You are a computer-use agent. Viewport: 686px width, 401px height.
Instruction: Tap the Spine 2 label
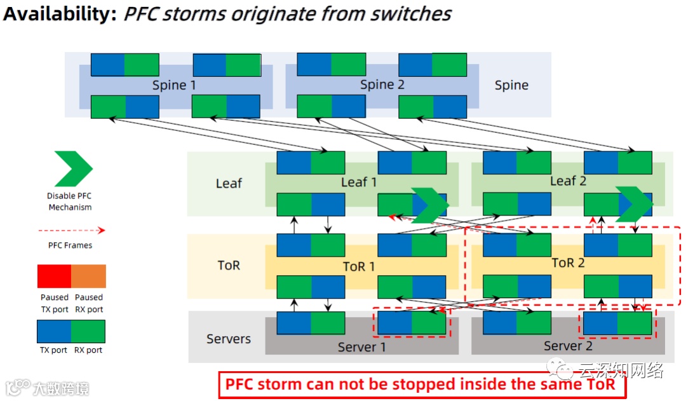click(382, 85)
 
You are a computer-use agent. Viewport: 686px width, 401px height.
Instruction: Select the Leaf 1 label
click(359, 182)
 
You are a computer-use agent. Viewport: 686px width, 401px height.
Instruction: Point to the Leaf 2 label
click(568, 181)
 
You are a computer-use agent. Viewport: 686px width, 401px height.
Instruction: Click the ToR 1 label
click(359, 266)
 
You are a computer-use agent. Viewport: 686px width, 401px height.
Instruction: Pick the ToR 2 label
click(568, 263)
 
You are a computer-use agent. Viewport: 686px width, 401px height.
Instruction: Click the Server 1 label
click(361, 347)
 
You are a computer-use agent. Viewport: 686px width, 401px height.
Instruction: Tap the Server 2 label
click(568, 346)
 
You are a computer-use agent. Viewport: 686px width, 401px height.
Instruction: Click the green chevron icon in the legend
click(73, 168)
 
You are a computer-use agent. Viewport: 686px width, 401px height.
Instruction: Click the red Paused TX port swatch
click(54, 276)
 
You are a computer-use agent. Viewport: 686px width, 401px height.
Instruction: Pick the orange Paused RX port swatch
click(88, 276)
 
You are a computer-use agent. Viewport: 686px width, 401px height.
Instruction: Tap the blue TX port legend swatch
click(54, 331)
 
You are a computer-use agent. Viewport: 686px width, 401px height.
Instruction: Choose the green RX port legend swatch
click(88, 331)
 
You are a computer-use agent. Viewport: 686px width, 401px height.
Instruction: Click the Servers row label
click(229, 339)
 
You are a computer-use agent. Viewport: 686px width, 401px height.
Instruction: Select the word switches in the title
click(412, 14)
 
